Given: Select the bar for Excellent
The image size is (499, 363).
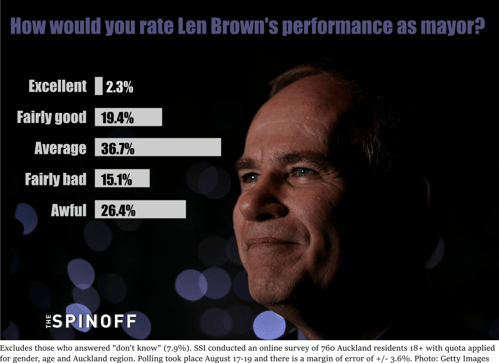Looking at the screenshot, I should (98, 86).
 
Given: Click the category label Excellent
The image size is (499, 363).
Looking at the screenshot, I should (57, 86).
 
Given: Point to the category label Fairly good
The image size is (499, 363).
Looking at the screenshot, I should (51, 118).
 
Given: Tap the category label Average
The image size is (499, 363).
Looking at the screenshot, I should (60, 149).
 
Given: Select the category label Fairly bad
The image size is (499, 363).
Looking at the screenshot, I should (55, 179).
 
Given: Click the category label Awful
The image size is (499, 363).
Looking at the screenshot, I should (68, 210).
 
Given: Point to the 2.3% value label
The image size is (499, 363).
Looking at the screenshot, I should (120, 87).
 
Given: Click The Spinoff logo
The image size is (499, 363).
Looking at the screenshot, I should (90, 321).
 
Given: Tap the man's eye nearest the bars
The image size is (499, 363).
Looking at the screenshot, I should (251, 177).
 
